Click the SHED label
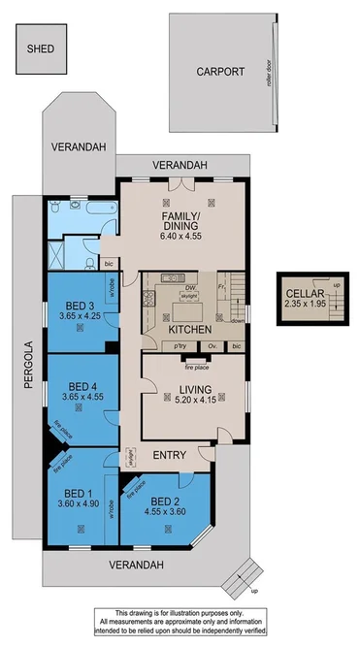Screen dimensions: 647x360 coord(41,48)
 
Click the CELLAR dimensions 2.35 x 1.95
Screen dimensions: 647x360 coord(304,301)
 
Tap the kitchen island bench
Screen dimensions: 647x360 coord(185,313)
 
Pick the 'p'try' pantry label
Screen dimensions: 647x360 coord(180,345)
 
